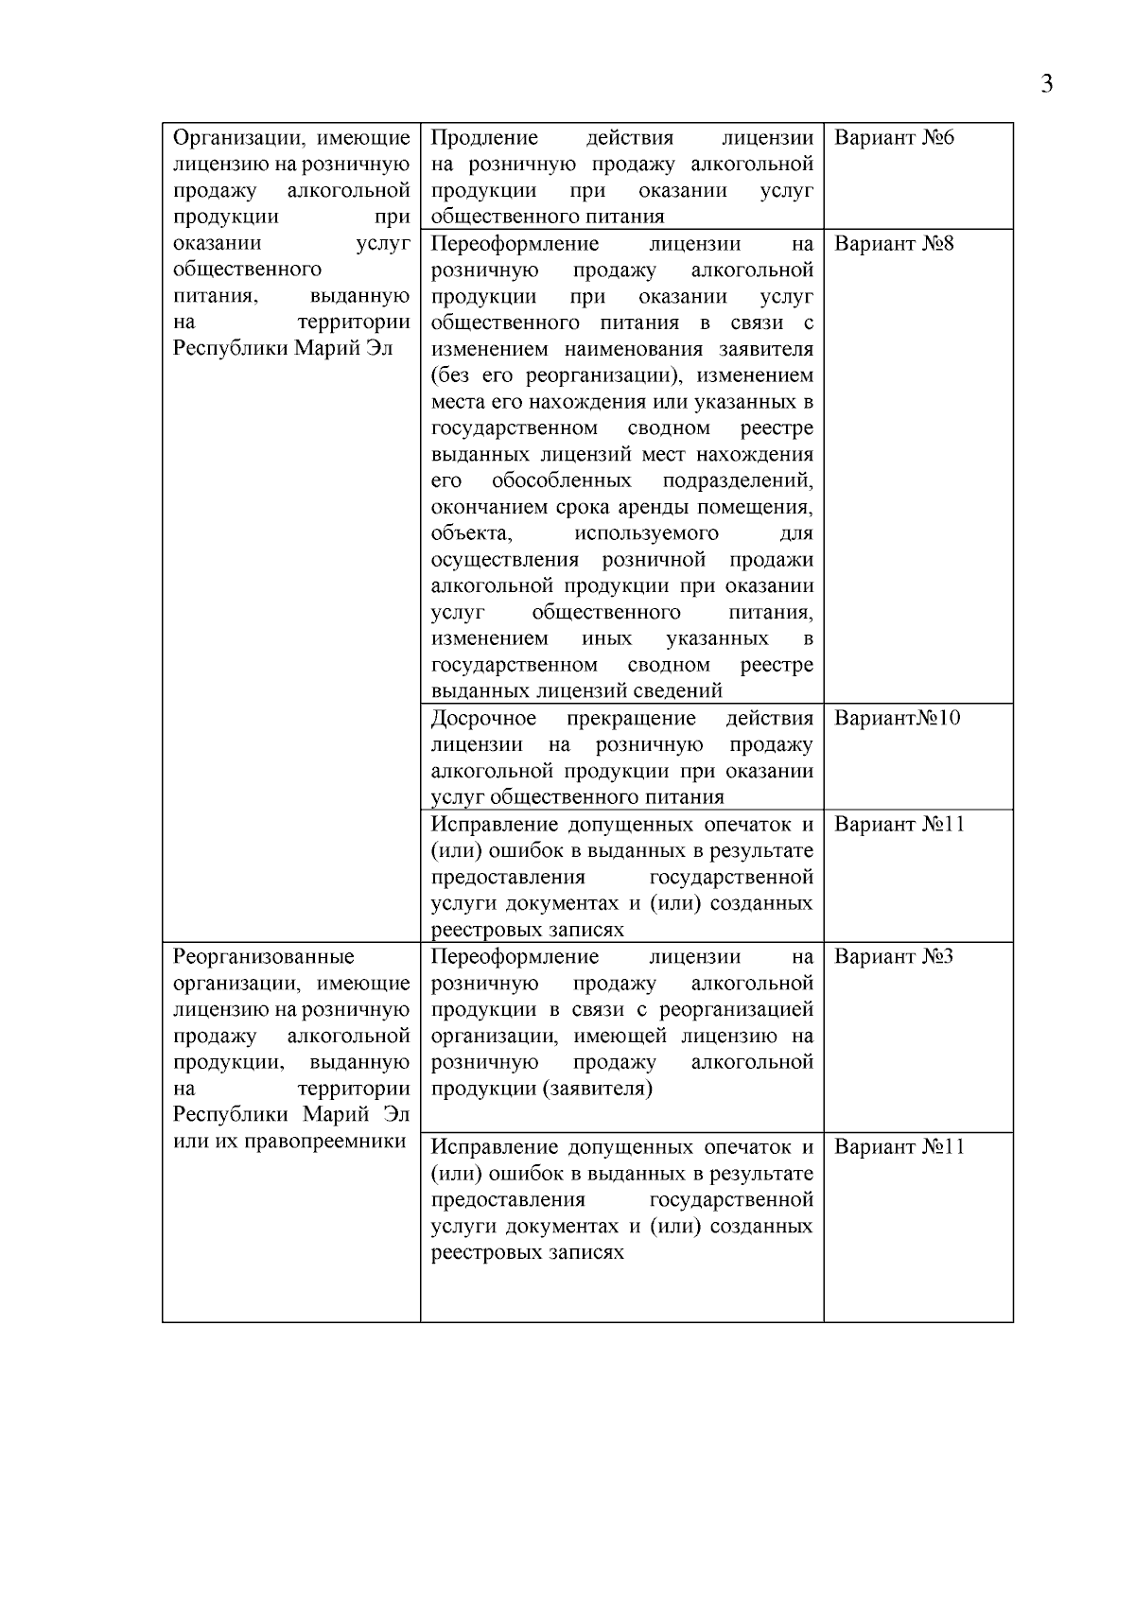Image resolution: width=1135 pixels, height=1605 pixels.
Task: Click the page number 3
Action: click(1046, 85)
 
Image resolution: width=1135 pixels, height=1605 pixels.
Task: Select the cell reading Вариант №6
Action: click(894, 138)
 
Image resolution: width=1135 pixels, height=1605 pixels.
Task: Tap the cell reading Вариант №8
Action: click(894, 244)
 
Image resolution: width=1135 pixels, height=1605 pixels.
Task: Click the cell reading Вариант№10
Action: click(897, 718)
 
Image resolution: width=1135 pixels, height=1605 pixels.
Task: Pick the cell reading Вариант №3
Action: click(894, 956)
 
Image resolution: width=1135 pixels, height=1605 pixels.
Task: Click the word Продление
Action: click(484, 138)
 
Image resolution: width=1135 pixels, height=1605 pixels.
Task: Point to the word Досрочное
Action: click(483, 718)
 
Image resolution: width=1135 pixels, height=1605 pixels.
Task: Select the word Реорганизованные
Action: click(264, 956)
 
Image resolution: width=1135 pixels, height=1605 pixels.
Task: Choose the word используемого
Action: click(646, 533)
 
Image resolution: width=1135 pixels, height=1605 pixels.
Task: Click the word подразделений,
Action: click(738, 480)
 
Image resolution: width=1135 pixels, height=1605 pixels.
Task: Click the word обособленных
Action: click(561, 480)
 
